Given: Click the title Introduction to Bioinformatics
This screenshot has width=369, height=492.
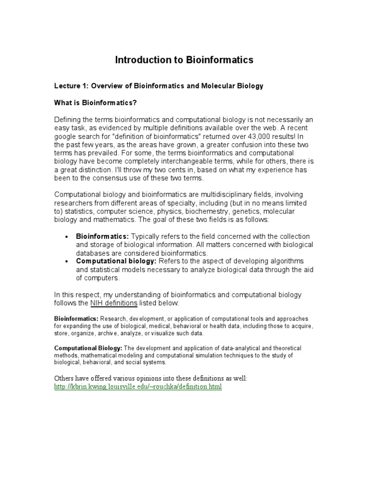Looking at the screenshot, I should pos(184,60).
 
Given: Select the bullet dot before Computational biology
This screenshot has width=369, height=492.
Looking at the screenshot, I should pos(66,261).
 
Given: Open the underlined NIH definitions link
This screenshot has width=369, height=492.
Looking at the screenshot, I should pos(114,303).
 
